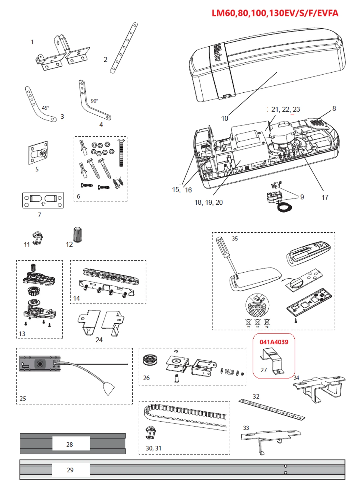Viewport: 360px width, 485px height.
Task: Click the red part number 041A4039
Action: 274,342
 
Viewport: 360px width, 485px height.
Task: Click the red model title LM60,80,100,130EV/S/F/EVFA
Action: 275,13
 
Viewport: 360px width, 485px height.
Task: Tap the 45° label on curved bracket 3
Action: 45,108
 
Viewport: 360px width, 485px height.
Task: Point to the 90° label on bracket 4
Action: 94,101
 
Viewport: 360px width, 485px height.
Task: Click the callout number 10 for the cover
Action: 224,118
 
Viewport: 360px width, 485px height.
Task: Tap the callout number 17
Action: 325,197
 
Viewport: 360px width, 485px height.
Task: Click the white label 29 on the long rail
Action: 71,470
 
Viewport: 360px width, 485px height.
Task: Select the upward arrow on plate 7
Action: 43,203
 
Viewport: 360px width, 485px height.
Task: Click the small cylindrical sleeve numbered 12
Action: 78,235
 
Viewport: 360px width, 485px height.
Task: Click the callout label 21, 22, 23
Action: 285,109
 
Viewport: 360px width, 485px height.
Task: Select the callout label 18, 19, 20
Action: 209,202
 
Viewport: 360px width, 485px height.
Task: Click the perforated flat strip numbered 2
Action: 124,48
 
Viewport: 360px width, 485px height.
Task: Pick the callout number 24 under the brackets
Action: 99,340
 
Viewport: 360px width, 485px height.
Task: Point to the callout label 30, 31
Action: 153,448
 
